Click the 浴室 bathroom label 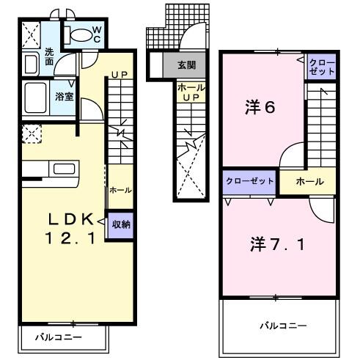pyautogui.click(x=63, y=95)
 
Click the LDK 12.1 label pyautogui.click(x=70, y=227)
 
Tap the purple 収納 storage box pyautogui.click(x=120, y=224)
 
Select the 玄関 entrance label pyautogui.click(x=185, y=65)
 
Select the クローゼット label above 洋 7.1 pyautogui.click(x=250, y=180)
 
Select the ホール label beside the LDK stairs pyautogui.click(x=120, y=189)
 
